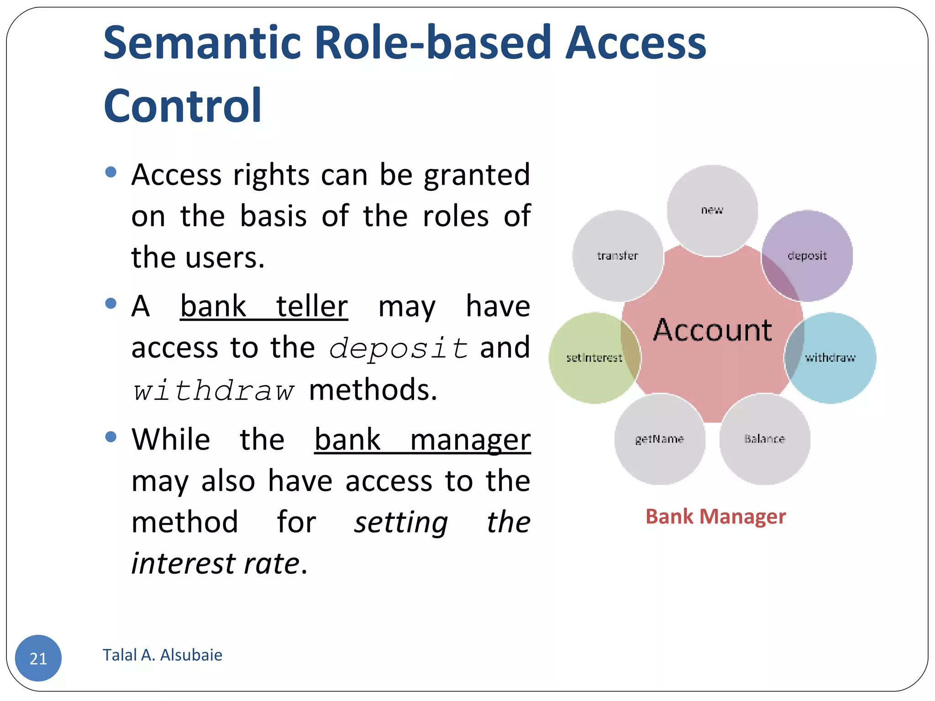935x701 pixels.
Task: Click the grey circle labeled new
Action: coord(712,210)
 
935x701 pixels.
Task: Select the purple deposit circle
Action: coord(807,256)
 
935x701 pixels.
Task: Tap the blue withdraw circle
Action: coord(830,358)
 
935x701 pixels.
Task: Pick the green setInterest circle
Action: coord(594,358)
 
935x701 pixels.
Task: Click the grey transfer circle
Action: coord(617,256)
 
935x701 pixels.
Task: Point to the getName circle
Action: coord(659,439)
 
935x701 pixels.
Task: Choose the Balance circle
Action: coord(765,439)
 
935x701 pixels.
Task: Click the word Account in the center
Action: coord(712,330)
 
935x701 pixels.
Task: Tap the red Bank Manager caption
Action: coord(715,517)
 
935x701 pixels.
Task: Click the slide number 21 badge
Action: coord(38,658)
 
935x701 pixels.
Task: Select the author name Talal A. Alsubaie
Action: coord(162,655)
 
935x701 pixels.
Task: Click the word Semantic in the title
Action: coord(202,43)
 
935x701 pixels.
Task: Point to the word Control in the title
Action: coord(183,106)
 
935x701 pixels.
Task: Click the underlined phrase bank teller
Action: coord(264,306)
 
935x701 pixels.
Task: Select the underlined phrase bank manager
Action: coord(422,439)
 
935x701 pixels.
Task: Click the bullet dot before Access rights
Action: coord(110,172)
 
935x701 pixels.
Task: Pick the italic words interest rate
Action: coord(215,564)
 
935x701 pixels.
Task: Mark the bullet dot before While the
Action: coord(110,437)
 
